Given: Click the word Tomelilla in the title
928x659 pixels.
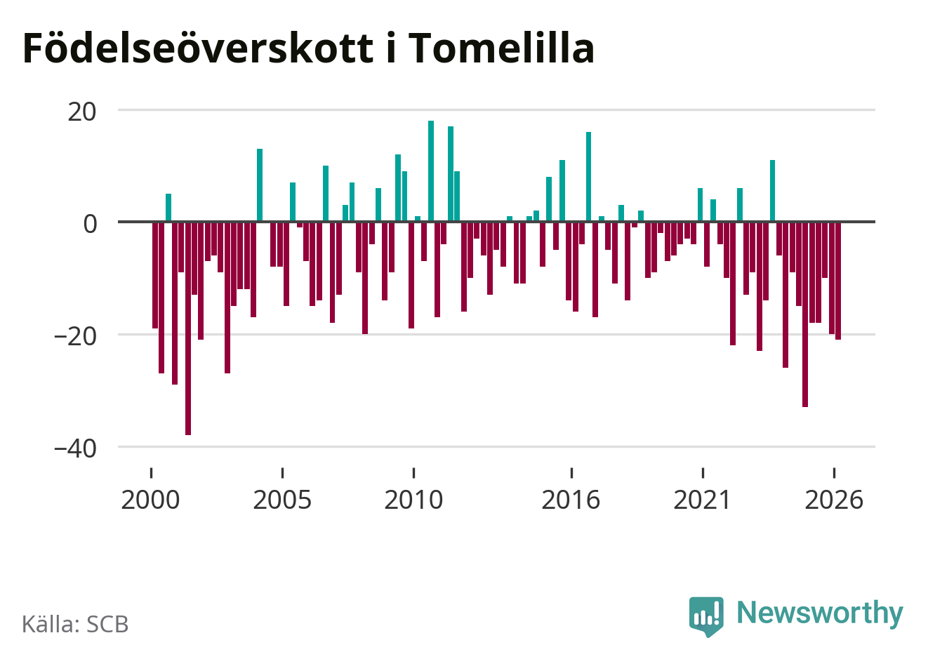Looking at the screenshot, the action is coord(501,48).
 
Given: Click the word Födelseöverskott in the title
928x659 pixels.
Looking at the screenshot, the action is coord(198,48).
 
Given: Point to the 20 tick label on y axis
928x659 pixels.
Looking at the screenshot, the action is coord(81,112).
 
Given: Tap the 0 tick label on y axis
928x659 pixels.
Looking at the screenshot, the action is coord(90,224).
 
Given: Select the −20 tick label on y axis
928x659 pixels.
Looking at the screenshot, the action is coord(75,337).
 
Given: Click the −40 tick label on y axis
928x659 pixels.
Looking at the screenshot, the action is coord(75,449).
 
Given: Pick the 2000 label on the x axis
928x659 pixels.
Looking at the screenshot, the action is coord(150,500).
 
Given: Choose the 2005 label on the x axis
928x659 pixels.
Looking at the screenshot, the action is coord(282,500).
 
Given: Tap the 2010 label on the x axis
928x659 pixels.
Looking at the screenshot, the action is coord(413,500).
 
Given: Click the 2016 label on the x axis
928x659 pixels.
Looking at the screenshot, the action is coord(571,500).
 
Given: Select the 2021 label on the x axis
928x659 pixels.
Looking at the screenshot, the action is coord(702,500).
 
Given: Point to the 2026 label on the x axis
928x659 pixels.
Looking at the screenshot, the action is coord(833,500).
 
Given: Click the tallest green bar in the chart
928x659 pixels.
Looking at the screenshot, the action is coord(431,171).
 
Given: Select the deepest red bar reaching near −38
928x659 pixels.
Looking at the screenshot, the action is coord(188,328).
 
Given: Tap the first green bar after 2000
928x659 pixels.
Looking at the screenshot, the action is coord(168,208).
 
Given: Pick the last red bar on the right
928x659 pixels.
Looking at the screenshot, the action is coord(838,281).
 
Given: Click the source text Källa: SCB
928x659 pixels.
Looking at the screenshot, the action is coord(75,624).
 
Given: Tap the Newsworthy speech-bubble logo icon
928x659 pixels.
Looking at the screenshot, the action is coord(706,616).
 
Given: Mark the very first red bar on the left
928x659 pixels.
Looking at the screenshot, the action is coord(155,275).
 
